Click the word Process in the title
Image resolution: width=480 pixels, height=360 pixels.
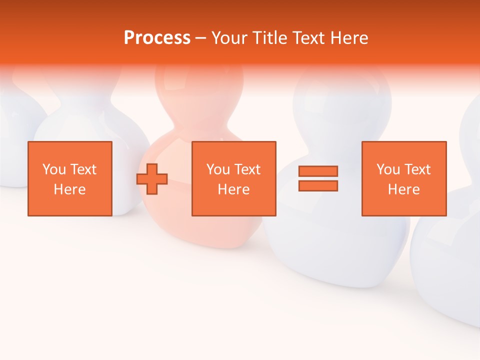[x=157, y=38]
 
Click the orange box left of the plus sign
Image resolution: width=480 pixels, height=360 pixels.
[x=69, y=178]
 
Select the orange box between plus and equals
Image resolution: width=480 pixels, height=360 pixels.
[x=233, y=178]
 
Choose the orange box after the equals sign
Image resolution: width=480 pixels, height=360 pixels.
[x=403, y=178]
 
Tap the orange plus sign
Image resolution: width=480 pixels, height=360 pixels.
[x=152, y=179]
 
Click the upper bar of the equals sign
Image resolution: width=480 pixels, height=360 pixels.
[x=318, y=171]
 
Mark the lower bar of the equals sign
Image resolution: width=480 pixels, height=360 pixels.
[x=318, y=186]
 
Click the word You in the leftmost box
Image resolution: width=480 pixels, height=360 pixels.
[x=54, y=169]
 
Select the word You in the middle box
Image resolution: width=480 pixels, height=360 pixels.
[x=218, y=169]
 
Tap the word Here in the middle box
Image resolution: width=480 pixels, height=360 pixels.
[x=233, y=189]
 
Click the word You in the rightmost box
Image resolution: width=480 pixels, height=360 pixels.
[x=388, y=169]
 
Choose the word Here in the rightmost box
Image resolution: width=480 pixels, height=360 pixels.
[x=403, y=189]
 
